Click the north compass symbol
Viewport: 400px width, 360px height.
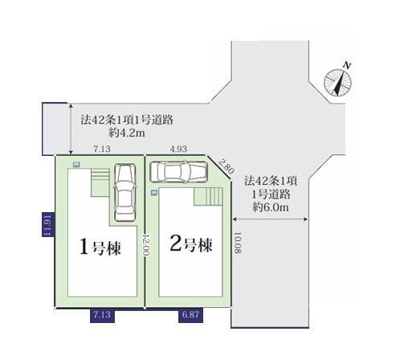coord(338,81)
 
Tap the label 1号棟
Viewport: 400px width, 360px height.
coord(100,247)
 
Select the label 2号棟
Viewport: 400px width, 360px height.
coord(191,244)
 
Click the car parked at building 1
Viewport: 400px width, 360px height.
coord(125,193)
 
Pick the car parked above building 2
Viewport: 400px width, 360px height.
coord(179,172)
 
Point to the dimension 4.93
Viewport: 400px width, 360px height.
coord(178,149)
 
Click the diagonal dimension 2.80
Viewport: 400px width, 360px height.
coord(227,166)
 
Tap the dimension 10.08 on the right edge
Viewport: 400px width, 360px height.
coord(238,243)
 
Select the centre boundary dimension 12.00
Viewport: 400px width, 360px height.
coord(146,244)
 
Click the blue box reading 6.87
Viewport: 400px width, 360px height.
coord(190,314)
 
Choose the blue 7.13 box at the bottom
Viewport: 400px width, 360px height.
coord(102,315)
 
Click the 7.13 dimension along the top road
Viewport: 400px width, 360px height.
coord(102,149)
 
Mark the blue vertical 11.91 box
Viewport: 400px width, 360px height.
coord(48,224)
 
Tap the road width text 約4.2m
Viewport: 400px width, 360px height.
coord(127,133)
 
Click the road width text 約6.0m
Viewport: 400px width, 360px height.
coord(271,207)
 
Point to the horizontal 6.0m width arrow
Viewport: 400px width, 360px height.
coord(270,219)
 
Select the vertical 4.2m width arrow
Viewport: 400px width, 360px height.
coord(71,129)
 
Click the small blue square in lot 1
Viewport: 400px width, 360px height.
coord(76,164)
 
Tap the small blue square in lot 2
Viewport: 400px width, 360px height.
coord(154,193)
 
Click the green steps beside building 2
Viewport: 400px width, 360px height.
coord(208,196)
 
